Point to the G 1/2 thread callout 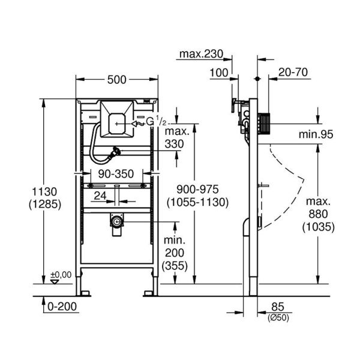(155, 122)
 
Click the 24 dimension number (101, 196)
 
